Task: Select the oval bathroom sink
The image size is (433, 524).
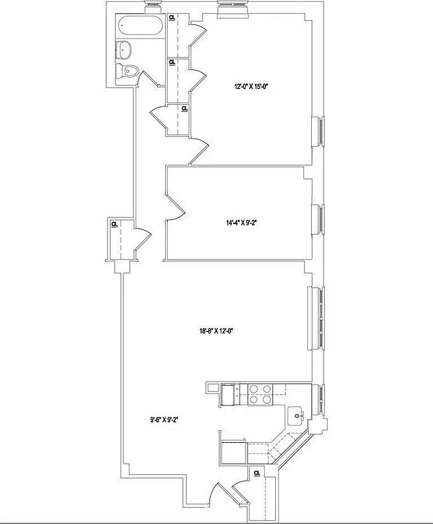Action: tap(124, 49)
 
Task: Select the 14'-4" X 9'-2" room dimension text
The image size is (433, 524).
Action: tap(241, 223)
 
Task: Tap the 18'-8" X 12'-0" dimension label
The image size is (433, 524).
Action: tap(216, 331)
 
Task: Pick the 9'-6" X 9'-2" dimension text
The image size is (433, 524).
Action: tap(164, 421)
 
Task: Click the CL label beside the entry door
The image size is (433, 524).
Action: tap(257, 472)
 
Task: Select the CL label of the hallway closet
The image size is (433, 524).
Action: tap(114, 224)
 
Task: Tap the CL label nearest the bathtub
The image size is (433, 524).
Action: tap(172, 18)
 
